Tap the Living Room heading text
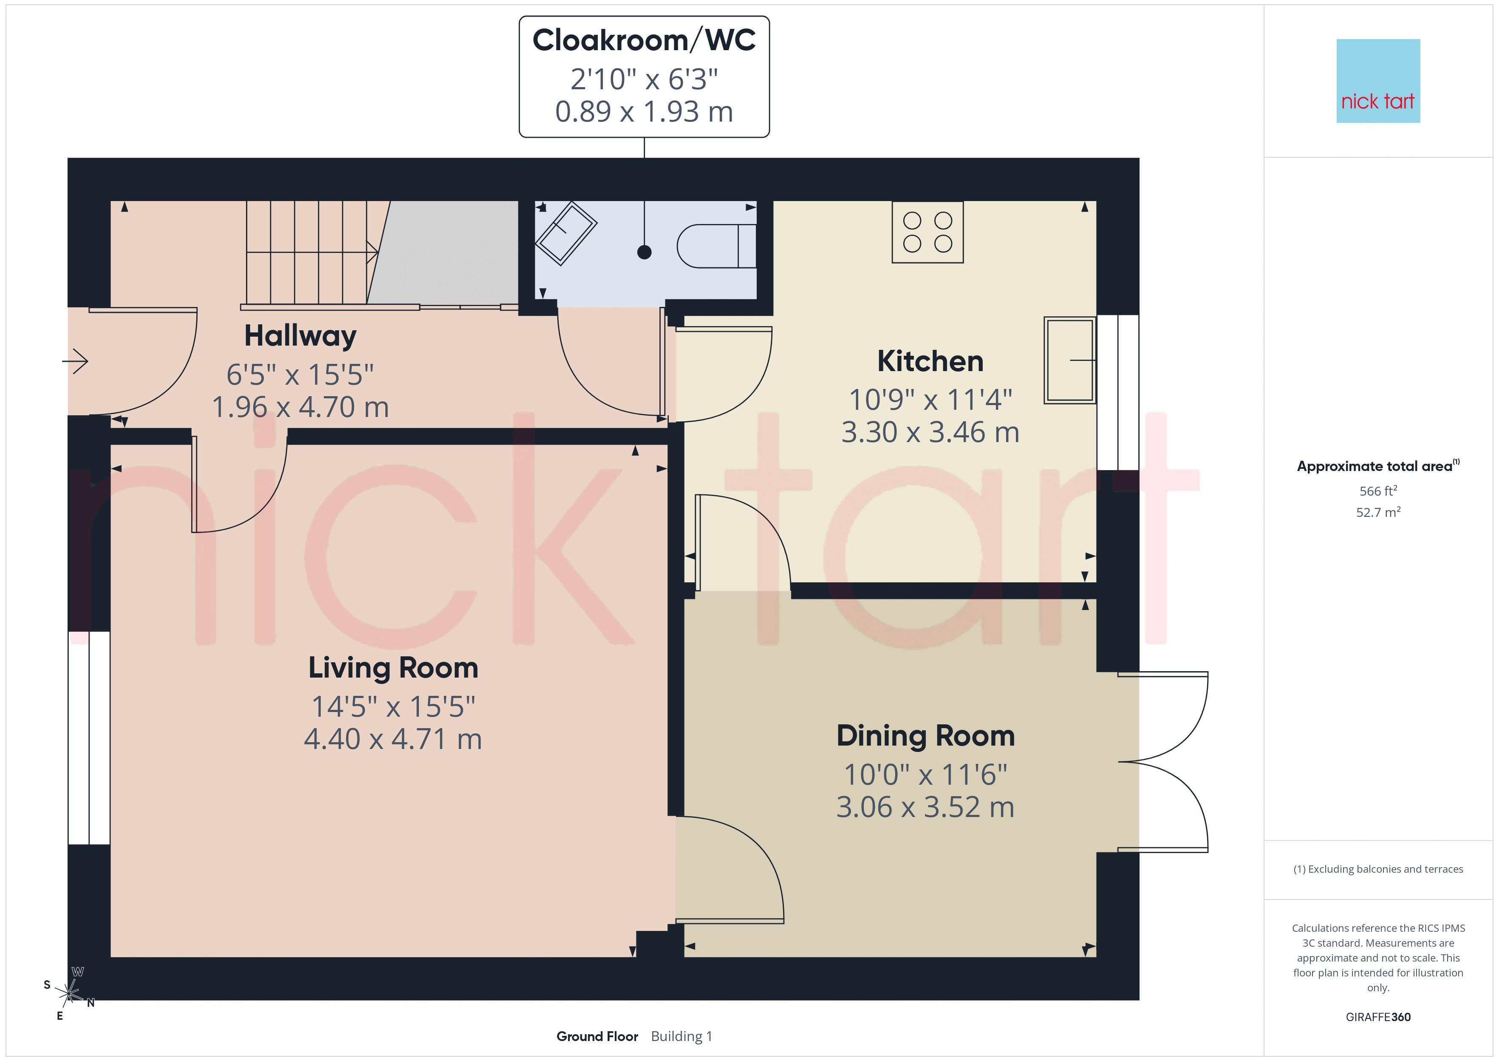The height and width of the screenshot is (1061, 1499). tap(393, 668)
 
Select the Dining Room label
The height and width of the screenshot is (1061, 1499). tap(926, 736)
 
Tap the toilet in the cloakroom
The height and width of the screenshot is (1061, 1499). tap(717, 246)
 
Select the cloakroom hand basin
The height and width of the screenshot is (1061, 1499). tap(566, 234)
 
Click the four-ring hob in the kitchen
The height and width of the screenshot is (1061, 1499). tap(928, 232)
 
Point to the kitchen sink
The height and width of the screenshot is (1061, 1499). tap(1069, 360)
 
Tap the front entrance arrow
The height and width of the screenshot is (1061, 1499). tap(75, 360)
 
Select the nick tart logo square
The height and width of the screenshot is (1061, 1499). tap(1378, 81)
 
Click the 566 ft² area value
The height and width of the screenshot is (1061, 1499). tap(1378, 491)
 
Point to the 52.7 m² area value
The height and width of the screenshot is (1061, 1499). tap(1378, 512)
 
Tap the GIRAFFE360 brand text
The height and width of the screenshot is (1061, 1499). tap(1378, 1017)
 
